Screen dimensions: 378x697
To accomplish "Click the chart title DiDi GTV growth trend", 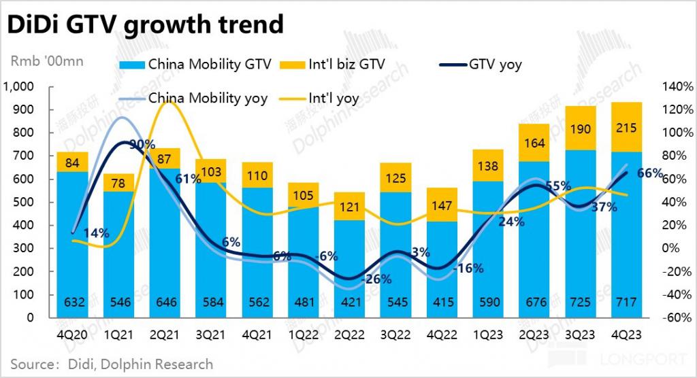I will [x=144, y=24].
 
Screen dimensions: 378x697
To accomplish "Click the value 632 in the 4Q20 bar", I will [x=77, y=303].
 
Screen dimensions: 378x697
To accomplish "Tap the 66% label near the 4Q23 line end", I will [x=649, y=174].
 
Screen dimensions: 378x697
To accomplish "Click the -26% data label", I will [x=376, y=279].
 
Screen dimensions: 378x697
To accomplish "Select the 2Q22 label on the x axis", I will [x=355, y=334].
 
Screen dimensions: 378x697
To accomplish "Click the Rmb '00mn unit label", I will [x=47, y=61].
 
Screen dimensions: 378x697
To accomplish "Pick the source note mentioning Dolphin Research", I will [x=112, y=364].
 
